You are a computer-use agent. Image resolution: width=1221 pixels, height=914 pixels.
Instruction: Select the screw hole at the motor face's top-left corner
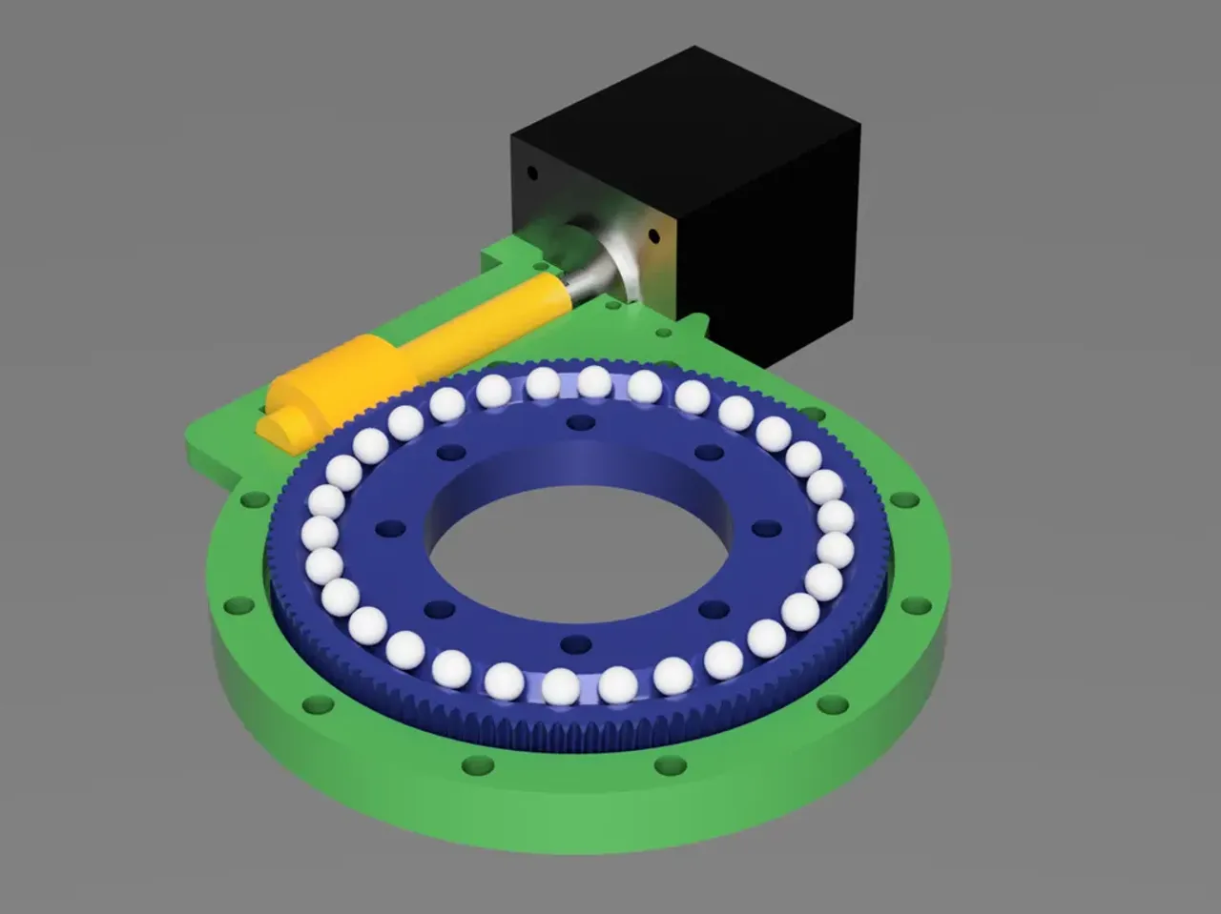pos(532,173)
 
